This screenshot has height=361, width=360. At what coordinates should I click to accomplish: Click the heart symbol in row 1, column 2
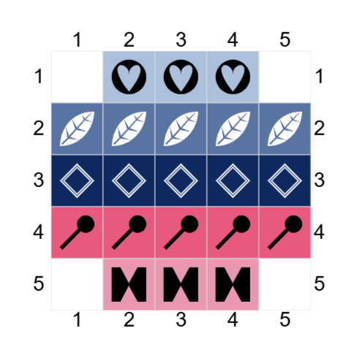[x=129, y=77]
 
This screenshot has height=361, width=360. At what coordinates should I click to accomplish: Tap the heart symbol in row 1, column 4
[x=233, y=77]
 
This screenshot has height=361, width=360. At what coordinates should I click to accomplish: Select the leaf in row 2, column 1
[x=77, y=129]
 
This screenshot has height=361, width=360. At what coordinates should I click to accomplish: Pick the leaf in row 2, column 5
[x=285, y=129]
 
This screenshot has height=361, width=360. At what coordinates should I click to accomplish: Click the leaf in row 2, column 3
[x=181, y=129]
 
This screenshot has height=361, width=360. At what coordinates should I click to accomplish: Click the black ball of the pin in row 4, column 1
[x=86, y=224]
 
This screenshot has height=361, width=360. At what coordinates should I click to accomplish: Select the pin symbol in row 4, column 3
[x=181, y=232]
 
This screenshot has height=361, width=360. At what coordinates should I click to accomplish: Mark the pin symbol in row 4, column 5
[x=285, y=232]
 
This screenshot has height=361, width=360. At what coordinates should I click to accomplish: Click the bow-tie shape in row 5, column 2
[x=129, y=284]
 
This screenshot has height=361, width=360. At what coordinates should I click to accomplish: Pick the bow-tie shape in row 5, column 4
[x=233, y=284]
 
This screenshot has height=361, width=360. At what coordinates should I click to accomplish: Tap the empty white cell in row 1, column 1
[x=77, y=77]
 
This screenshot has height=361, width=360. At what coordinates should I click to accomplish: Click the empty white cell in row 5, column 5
[x=285, y=284]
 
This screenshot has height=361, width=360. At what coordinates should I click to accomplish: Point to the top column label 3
[x=181, y=39]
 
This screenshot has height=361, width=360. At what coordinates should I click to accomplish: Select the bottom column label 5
[x=285, y=319]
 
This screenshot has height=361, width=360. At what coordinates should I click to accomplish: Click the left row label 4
[x=39, y=232]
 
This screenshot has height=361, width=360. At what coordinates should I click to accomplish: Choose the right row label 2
[x=319, y=128]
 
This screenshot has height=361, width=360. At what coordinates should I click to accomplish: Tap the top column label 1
[x=78, y=39]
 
